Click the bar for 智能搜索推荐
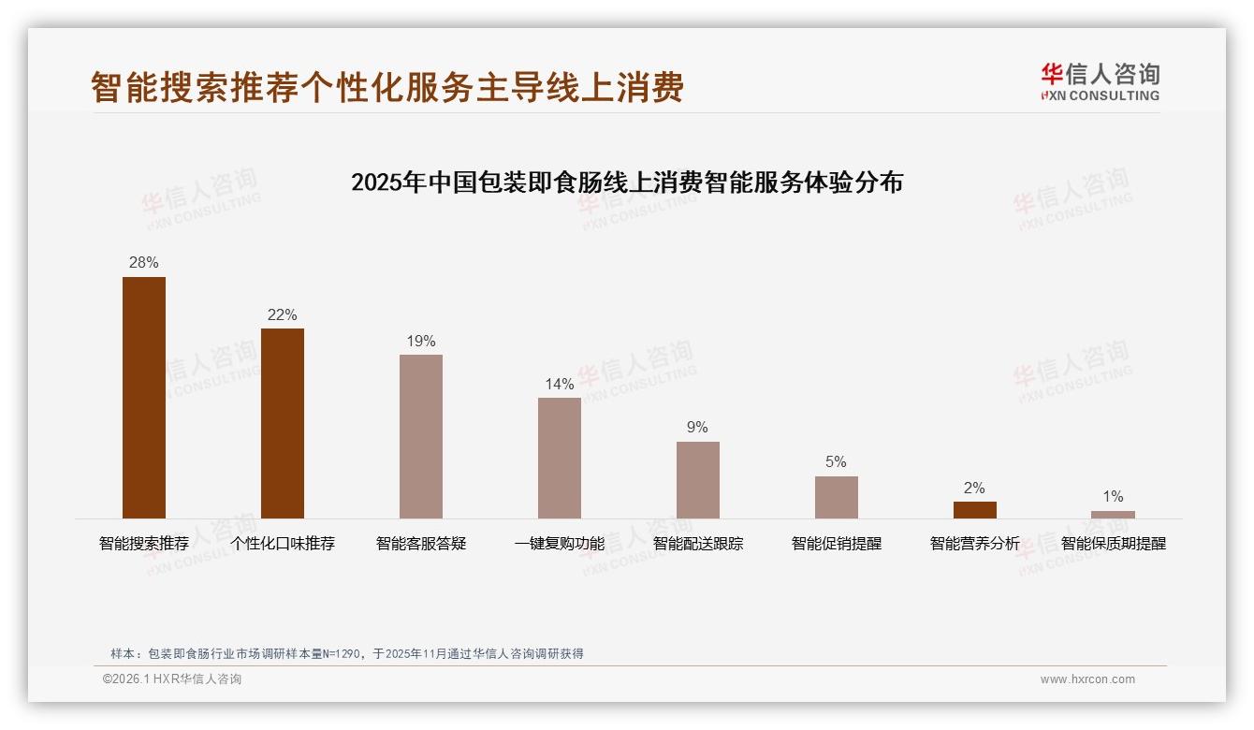(x=144, y=398)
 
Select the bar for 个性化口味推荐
(x=283, y=423)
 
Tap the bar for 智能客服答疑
(x=421, y=436)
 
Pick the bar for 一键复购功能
(x=560, y=458)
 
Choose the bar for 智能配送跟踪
(x=698, y=480)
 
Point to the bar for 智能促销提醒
(x=837, y=497)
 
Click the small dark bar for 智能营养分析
(x=975, y=510)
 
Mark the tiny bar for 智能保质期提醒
(x=1113, y=515)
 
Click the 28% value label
(x=144, y=263)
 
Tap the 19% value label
(x=421, y=342)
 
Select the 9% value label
(x=698, y=428)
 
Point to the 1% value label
(x=1113, y=497)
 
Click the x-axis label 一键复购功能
(x=560, y=544)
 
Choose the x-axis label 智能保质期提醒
(x=1113, y=544)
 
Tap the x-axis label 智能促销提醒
(x=837, y=544)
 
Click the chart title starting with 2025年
(x=627, y=182)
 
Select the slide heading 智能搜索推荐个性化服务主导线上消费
(x=387, y=87)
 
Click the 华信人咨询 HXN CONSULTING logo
(x=1100, y=82)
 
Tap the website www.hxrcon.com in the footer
(x=1087, y=679)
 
